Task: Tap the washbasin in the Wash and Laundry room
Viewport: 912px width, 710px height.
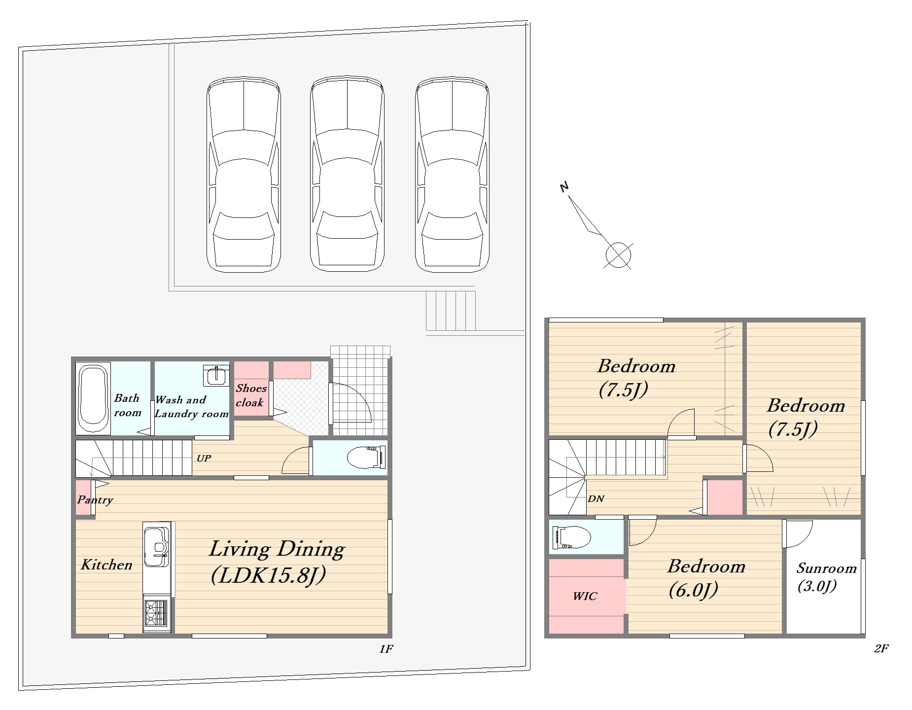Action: (x=216, y=376)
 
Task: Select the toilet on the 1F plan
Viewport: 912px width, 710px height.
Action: (x=366, y=458)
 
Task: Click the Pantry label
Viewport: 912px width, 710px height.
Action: (x=95, y=500)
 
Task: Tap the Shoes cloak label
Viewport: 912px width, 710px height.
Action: (x=250, y=395)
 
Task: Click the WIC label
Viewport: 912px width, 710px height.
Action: (x=585, y=596)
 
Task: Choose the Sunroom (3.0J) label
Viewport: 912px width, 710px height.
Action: (x=826, y=577)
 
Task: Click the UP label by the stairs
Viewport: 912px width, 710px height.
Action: (x=204, y=458)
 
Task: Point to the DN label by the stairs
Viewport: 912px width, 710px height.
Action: (x=596, y=498)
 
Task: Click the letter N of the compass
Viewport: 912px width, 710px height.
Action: (x=564, y=187)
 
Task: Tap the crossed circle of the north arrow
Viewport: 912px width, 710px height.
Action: (x=618, y=255)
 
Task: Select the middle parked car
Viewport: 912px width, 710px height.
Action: (x=347, y=174)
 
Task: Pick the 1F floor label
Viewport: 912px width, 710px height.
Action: (x=386, y=649)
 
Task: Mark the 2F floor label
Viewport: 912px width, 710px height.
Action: (x=881, y=648)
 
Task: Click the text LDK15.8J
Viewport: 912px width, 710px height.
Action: (x=268, y=575)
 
